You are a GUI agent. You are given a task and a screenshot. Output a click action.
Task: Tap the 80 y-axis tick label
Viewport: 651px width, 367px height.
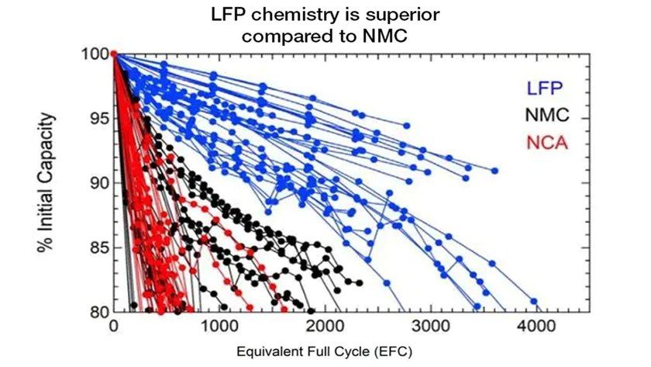pyautogui.click(x=97, y=311)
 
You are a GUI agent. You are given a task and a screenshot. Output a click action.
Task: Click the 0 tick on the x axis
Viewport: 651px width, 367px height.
pyautogui.click(x=114, y=327)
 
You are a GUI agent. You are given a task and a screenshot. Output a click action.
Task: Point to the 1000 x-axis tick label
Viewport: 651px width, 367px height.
pyautogui.click(x=219, y=327)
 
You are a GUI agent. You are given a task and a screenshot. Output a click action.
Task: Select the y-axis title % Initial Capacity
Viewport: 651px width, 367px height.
pyautogui.click(x=47, y=182)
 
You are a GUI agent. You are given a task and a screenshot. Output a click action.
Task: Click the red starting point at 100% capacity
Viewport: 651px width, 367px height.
pyautogui.click(x=114, y=54)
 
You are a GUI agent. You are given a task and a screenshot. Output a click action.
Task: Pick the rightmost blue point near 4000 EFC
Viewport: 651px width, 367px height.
pyautogui.click(x=533, y=301)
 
